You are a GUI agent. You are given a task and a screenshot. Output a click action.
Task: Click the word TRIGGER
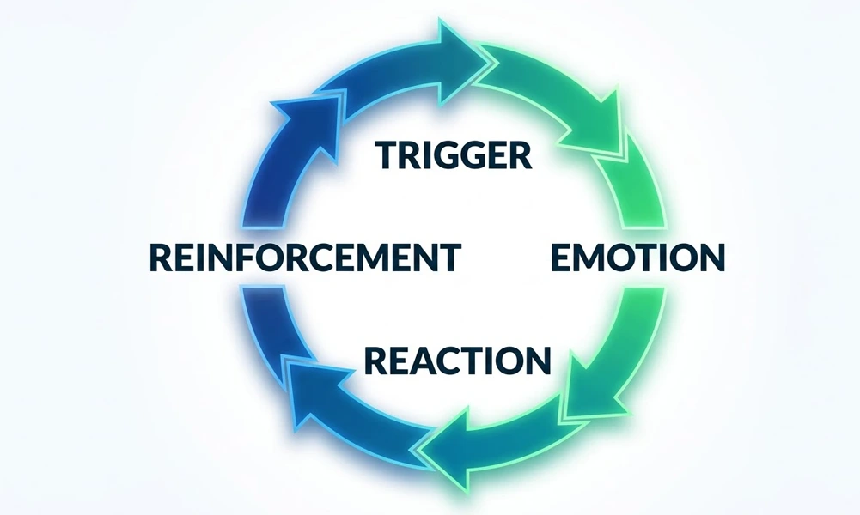click(454, 155)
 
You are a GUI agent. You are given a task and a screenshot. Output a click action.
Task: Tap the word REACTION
click(456, 360)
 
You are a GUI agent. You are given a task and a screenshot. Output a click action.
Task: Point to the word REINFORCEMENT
click(304, 257)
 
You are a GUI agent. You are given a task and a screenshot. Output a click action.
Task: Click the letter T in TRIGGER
click(387, 155)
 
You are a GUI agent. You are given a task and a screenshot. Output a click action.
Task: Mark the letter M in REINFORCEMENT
click(388, 257)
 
